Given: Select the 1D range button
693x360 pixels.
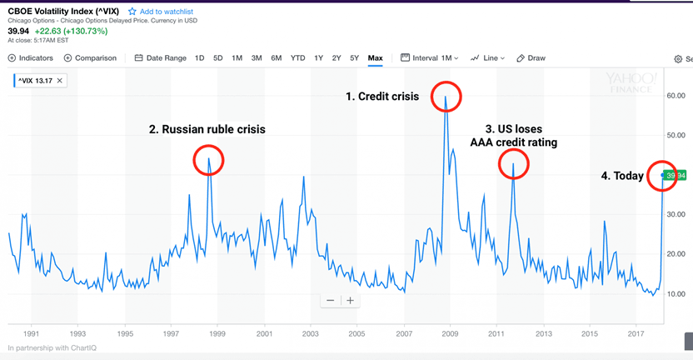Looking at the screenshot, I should click(199, 58).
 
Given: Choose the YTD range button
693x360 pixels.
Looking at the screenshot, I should click(297, 58).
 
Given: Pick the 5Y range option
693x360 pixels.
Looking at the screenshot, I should click(354, 58).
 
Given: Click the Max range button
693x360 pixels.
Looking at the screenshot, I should click(375, 58).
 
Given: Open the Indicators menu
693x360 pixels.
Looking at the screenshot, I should click(31, 58).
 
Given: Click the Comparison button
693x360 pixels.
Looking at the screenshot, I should click(90, 58).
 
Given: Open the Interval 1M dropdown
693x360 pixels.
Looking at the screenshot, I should click(430, 58).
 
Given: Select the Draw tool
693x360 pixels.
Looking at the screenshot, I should click(531, 58).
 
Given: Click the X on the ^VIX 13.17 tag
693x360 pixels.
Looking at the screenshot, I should click(60, 81).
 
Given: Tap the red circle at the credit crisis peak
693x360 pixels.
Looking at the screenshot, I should click(446, 96).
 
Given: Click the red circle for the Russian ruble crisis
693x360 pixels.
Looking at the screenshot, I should click(208, 160).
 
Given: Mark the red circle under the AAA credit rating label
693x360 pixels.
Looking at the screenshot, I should click(513, 164).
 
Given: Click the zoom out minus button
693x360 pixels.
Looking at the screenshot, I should click(331, 300).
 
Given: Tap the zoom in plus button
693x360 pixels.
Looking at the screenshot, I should click(351, 300).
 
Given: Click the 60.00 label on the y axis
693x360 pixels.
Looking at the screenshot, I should click(676, 96).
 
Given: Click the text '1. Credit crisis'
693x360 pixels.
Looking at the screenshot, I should click(382, 97).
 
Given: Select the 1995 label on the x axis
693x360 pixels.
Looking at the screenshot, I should click(125, 334).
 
